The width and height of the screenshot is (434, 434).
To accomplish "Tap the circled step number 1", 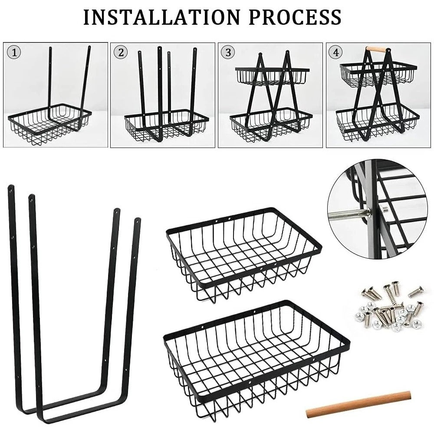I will pos(15,53).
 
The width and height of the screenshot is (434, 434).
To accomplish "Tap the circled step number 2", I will pos(121,53).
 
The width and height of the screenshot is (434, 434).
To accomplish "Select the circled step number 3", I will pos(227,53).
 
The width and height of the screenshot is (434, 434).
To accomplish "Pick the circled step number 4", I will pos(335,53).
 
